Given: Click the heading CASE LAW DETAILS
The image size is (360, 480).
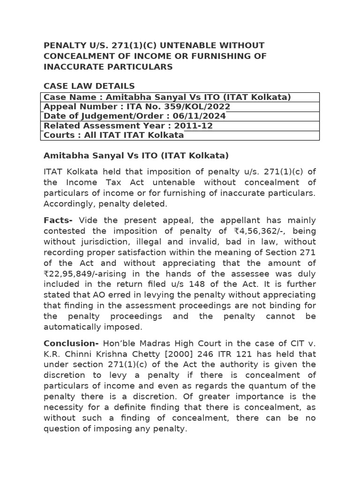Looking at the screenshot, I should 89,86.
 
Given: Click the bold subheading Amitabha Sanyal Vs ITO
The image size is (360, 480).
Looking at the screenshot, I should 136,156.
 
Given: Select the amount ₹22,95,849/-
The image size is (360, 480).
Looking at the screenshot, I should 70,274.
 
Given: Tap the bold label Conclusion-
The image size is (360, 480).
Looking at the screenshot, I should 71,343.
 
